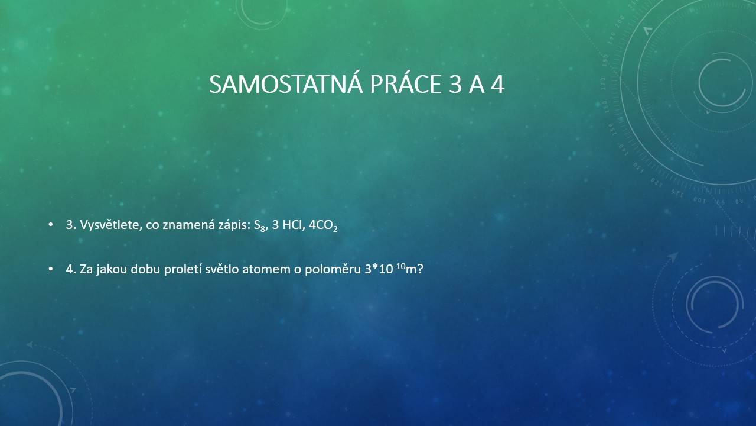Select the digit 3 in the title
coord(455,84)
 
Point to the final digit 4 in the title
coord(497,84)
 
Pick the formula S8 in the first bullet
coord(260,226)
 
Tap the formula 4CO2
coord(323,226)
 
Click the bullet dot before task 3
coord(51,224)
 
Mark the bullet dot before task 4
coord(51,269)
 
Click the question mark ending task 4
coord(420,269)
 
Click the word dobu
coord(145,269)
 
